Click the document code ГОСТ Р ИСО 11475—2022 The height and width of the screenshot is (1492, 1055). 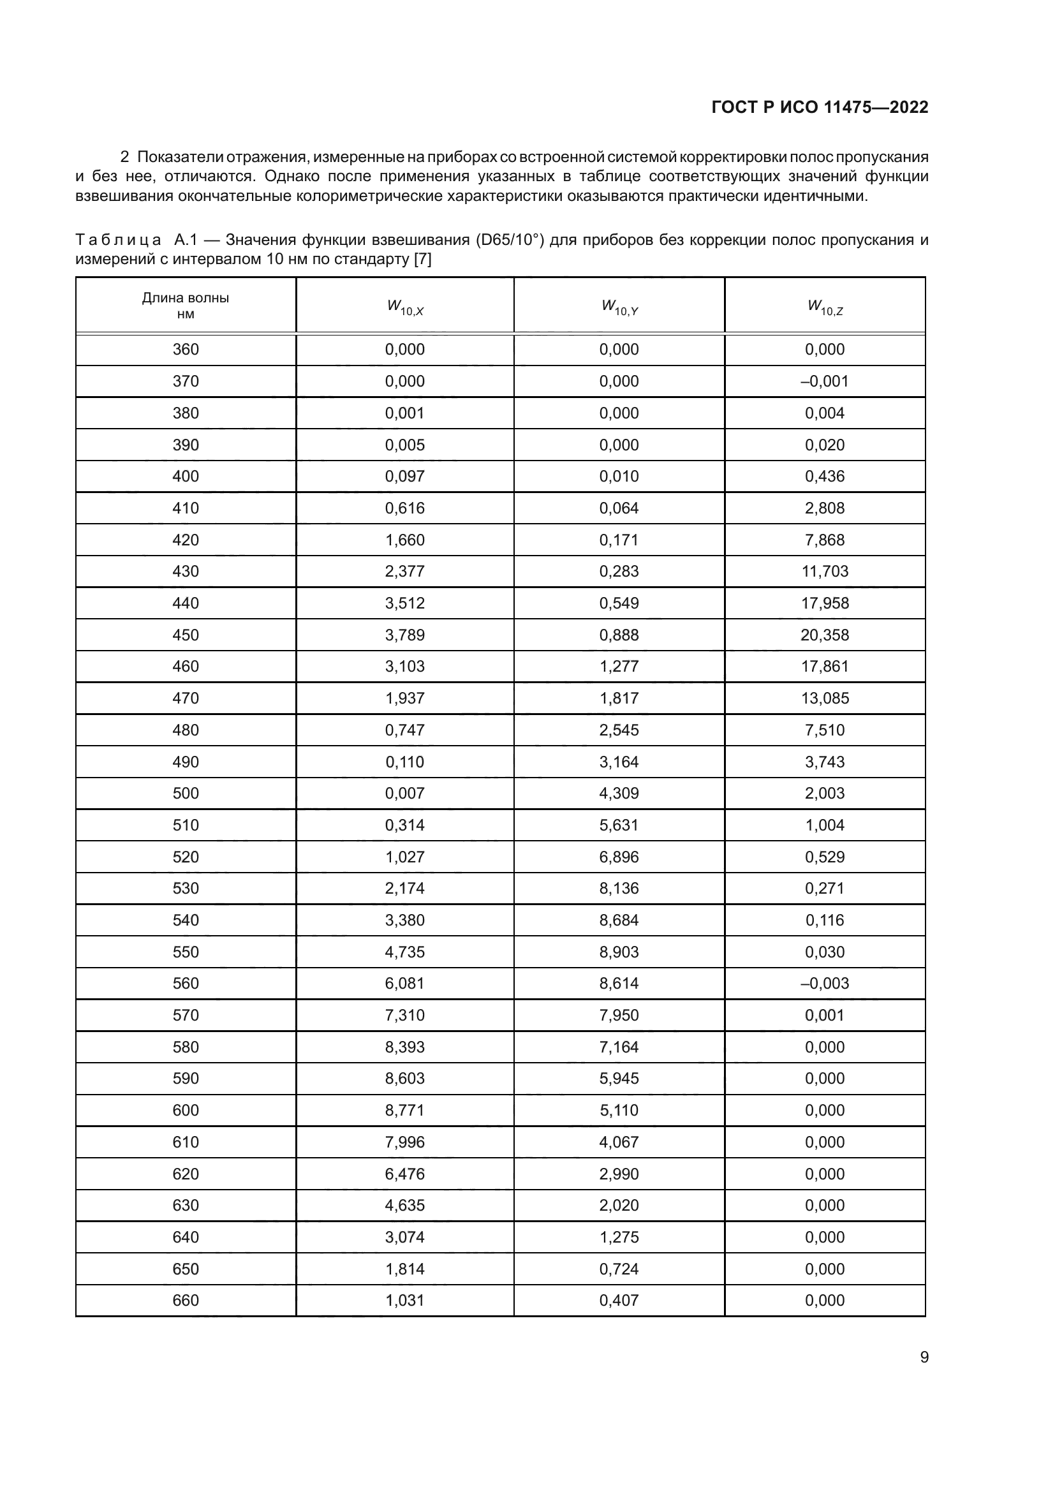[820, 107]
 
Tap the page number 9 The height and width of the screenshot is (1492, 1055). [924, 1357]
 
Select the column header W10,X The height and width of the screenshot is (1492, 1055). [405, 307]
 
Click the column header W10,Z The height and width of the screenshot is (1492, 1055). [824, 307]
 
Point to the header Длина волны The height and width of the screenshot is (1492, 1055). [185, 299]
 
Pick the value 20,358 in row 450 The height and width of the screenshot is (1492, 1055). [824, 635]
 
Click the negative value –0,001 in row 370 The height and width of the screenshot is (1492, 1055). [824, 381]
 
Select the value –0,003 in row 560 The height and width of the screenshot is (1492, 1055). [824, 983]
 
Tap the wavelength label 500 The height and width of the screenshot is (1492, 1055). [185, 794]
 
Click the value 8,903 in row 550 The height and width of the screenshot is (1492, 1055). [619, 952]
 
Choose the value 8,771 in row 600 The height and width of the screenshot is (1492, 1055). [405, 1110]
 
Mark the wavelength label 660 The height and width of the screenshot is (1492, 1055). [185, 1300]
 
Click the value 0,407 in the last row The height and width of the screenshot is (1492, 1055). [619, 1300]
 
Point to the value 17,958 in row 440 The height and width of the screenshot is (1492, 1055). [824, 603]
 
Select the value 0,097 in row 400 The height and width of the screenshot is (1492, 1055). [405, 476]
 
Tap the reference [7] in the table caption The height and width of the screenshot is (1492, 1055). [422, 259]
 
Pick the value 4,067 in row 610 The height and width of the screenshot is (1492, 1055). [619, 1142]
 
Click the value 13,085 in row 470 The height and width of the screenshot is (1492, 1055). [824, 698]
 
